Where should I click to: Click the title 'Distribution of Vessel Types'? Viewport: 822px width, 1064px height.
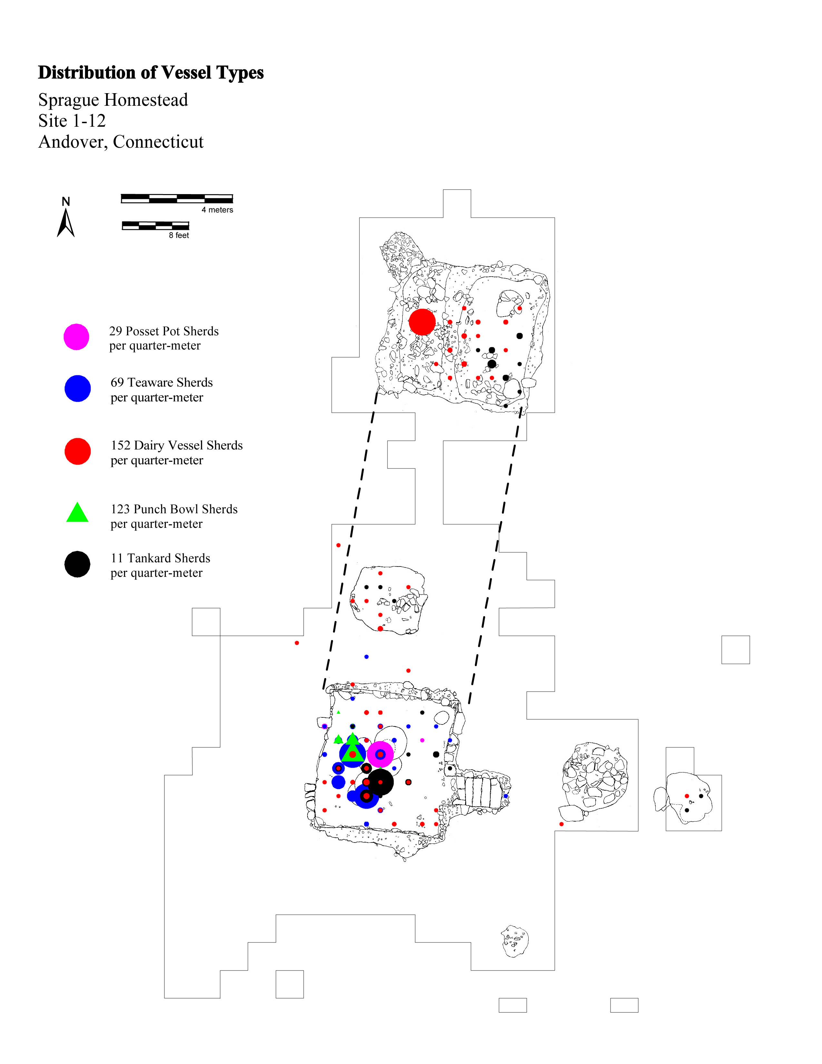[x=151, y=73]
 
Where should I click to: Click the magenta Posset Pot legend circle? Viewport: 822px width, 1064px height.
[x=76, y=337]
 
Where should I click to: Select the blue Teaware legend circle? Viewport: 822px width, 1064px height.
[x=77, y=388]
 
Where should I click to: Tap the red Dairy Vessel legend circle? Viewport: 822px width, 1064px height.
[x=77, y=451]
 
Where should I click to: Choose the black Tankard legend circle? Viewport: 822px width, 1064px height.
[x=77, y=564]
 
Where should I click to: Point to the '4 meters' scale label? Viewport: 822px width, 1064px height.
[x=217, y=210]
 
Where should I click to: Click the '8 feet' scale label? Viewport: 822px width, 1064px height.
[x=179, y=235]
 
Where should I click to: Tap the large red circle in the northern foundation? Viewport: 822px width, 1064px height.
[x=422, y=322]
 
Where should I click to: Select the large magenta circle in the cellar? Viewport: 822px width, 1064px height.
[x=380, y=754]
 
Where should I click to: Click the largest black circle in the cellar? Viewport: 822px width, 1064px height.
[x=380, y=782]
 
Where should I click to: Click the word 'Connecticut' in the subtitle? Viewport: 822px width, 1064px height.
[x=158, y=142]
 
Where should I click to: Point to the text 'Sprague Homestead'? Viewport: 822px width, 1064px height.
[x=113, y=100]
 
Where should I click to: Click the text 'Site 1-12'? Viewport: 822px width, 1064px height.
[x=72, y=121]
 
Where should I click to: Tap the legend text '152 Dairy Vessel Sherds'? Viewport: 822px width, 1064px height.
[x=177, y=445]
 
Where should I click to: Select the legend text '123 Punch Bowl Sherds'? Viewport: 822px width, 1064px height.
[x=174, y=509]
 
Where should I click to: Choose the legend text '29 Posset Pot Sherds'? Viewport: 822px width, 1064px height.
[x=164, y=331]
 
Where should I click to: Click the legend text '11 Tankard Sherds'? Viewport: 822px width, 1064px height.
[x=160, y=558]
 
